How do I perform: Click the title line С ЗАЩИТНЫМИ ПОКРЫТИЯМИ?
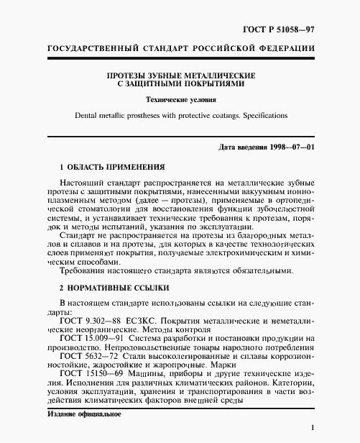pyautogui.click(x=180, y=83)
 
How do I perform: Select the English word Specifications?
pyautogui.click(x=261, y=115)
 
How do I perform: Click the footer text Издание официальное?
pyautogui.click(x=83, y=414)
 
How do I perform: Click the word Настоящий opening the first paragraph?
pyautogui.click(x=84, y=184)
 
